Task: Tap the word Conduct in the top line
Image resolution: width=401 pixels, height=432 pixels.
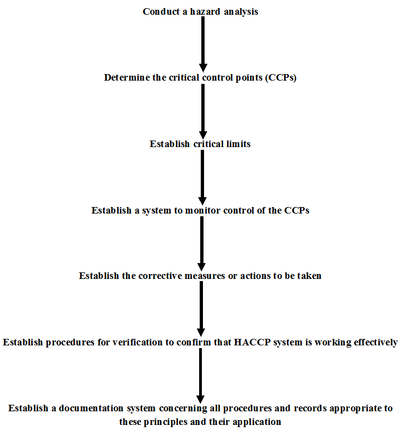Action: pos(161,11)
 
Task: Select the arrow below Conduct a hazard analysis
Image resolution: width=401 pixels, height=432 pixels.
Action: pos(203,44)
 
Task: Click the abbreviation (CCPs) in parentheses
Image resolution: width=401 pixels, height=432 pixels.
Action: pos(281,78)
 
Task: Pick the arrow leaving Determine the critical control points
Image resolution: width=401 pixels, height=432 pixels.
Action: pos(203,111)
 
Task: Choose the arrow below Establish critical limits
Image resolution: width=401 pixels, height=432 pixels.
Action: pos(202,177)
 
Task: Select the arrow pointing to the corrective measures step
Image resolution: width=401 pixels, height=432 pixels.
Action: pos(202,244)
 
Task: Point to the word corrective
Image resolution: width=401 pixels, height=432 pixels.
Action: pos(160,276)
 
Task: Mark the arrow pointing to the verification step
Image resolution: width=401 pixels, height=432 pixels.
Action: pos(201,308)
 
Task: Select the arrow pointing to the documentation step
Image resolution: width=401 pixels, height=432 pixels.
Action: pos(200,376)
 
